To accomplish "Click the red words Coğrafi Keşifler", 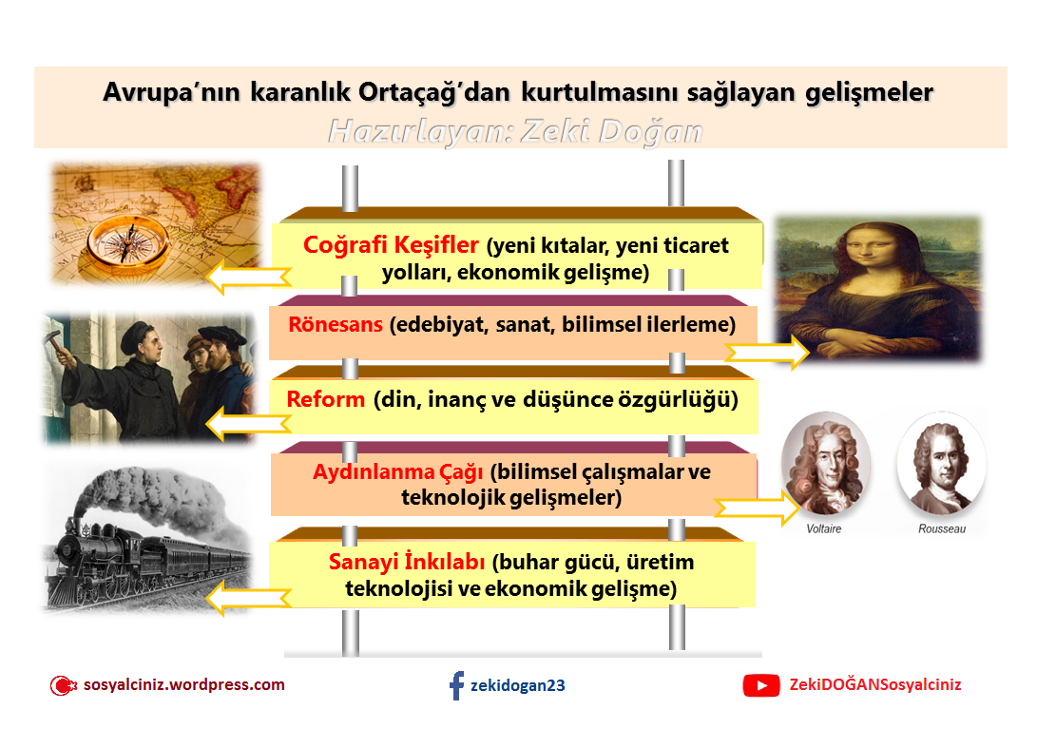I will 391,245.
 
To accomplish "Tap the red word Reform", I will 326,399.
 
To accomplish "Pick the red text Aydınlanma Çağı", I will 398,472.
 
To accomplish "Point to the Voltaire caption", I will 823,528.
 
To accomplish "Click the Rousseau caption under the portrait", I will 941,528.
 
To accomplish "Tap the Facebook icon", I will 457,685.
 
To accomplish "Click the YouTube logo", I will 760,685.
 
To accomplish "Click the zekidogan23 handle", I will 518,685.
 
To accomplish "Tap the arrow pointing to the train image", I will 249,599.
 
